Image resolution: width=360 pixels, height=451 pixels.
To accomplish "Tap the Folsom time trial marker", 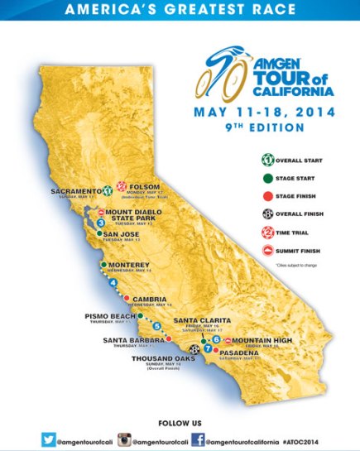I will [x=121, y=186].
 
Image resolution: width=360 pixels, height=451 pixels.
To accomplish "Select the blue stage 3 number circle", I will [x=99, y=222].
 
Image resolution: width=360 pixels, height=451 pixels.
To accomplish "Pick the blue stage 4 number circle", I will [x=113, y=283].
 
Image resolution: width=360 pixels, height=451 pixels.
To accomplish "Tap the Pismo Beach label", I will [x=108, y=316].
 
